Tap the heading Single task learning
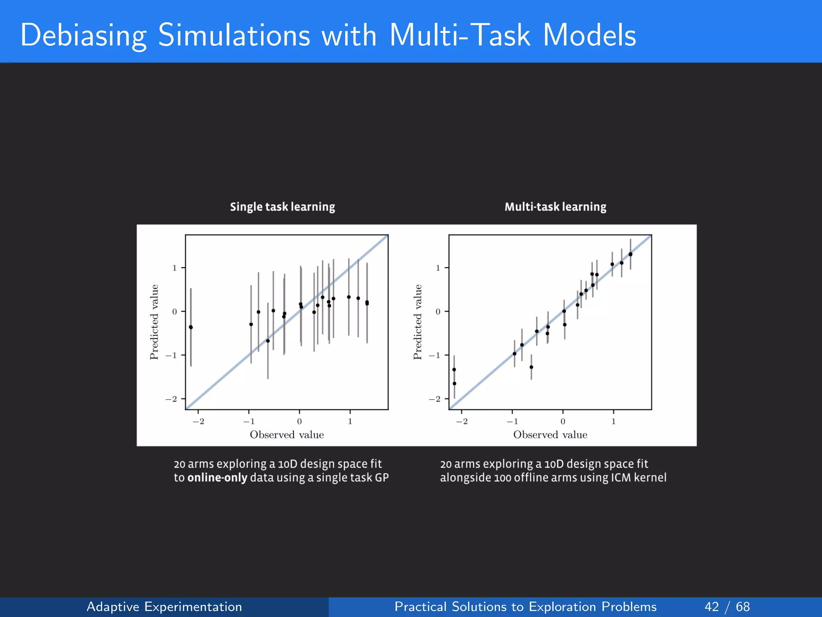pyautogui.click(x=282, y=207)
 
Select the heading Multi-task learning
pyautogui.click(x=555, y=207)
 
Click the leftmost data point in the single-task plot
pyautogui.click(x=191, y=327)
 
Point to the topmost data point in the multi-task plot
pyautogui.click(x=630, y=254)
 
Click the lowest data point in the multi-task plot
pyautogui.click(x=454, y=384)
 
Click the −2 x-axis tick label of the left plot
pyautogui.click(x=198, y=421)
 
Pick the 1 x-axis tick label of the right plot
pyautogui.click(x=613, y=421)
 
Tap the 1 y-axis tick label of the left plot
pyautogui.click(x=175, y=268)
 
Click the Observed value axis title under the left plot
pyautogui.click(x=287, y=435)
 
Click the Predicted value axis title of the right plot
pyautogui.click(x=418, y=322)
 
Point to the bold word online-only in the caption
pyautogui.click(x=217, y=478)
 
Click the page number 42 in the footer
pyautogui.click(x=711, y=607)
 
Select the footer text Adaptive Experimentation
pyautogui.click(x=164, y=607)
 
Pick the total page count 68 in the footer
pyautogui.click(x=743, y=607)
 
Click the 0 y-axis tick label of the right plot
pyautogui.click(x=438, y=312)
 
